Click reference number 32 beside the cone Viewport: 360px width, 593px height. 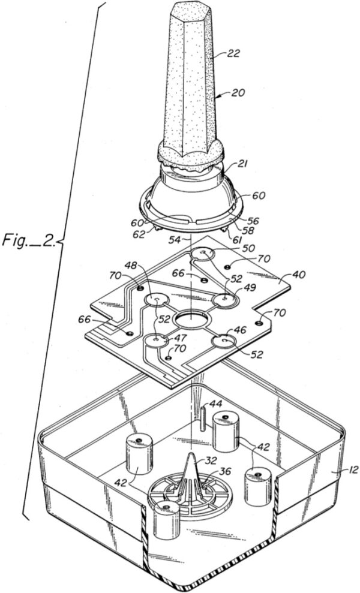tap(210, 460)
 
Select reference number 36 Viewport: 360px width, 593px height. tap(225, 470)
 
